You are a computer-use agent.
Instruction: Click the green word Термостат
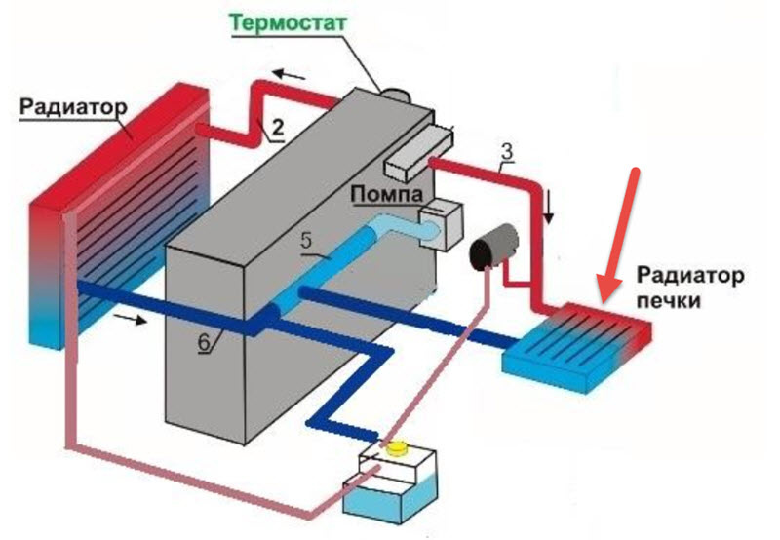(288, 24)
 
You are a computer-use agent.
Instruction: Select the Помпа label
(386, 193)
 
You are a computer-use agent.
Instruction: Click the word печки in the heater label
(669, 301)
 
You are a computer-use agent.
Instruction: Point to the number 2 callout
(277, 128)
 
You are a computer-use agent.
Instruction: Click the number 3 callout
(507, 152)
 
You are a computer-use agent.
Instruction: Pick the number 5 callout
(306, 240)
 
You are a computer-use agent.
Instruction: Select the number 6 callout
(205, 342)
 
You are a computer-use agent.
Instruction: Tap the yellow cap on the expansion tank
(397, 448)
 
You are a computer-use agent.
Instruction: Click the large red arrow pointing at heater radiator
(619, 236)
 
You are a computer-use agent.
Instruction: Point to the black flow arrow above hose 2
(289, 75)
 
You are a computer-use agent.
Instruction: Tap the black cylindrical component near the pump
(494, 248)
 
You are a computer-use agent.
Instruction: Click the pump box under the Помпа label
(441, 225)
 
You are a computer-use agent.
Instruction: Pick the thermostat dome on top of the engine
(396, 95)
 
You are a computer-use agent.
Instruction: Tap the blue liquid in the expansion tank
(391, 500)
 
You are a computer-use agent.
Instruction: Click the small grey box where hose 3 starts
(418, 152)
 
